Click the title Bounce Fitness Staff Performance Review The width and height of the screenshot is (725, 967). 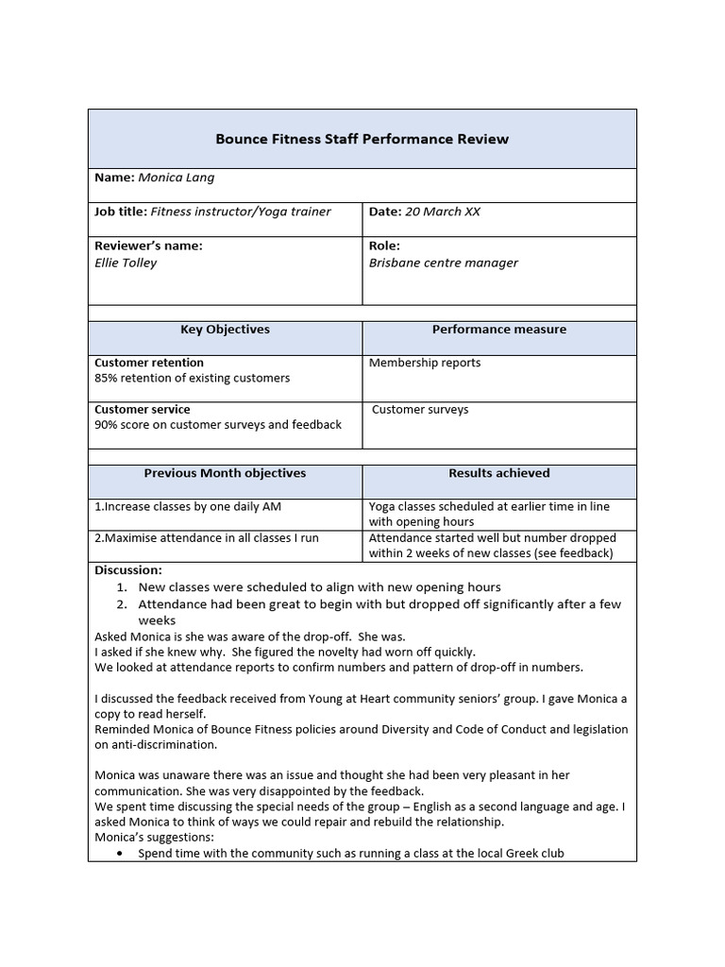point(362,139)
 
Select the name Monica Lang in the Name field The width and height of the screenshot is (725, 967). point(177,178)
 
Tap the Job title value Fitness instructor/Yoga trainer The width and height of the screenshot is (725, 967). point(241,212)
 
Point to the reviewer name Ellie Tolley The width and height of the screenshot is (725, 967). point(126,263)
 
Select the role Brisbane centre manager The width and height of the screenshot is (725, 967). point(443,263)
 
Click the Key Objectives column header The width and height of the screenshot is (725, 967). point(225,330)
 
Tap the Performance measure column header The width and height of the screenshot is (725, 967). point(498,330)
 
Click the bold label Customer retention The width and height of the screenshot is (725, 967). point(149,363)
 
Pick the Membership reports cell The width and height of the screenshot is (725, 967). point(424,363)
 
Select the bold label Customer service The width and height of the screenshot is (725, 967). point(142,410)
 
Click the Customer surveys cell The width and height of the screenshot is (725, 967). point(420,410)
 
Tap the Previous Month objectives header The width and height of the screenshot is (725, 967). point(225,473)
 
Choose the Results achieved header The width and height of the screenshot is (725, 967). point(498,473)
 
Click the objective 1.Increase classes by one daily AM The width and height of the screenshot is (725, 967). point(188,507)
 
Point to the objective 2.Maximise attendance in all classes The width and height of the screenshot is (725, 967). point(207,538)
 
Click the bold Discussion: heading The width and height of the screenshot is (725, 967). point(128,570)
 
